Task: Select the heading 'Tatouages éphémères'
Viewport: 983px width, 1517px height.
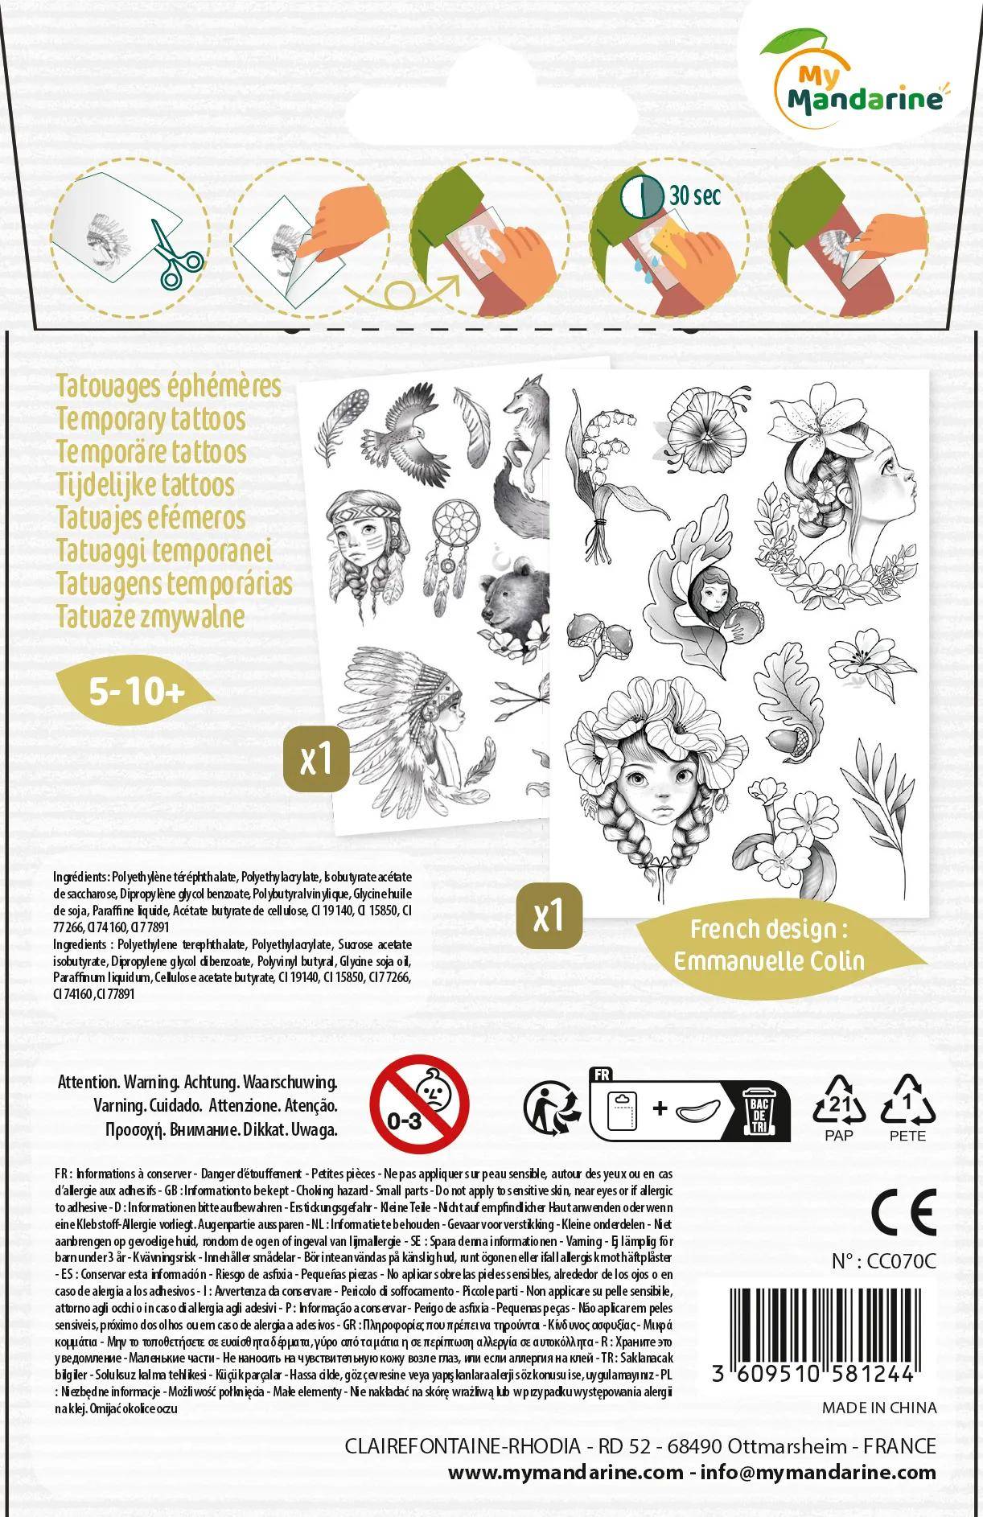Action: point(169,385)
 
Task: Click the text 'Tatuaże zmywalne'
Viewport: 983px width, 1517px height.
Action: point(150,616)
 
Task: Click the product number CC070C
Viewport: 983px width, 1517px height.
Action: point(884,1262)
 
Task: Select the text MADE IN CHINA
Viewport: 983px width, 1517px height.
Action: point(879,1407)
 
